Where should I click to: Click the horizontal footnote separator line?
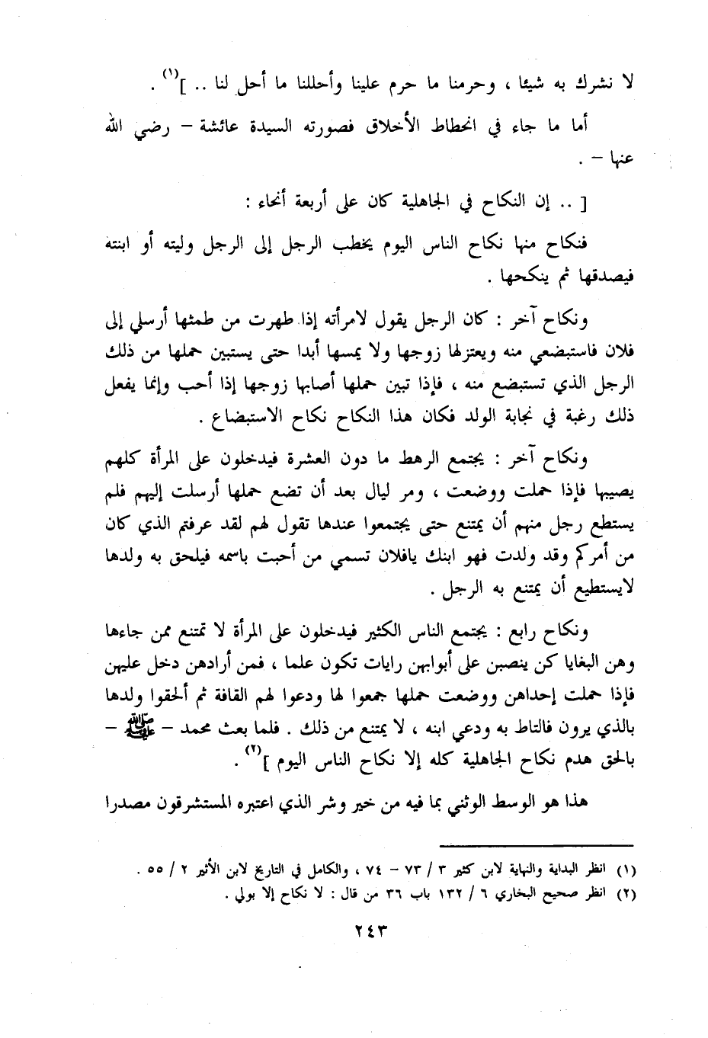point(538,847)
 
